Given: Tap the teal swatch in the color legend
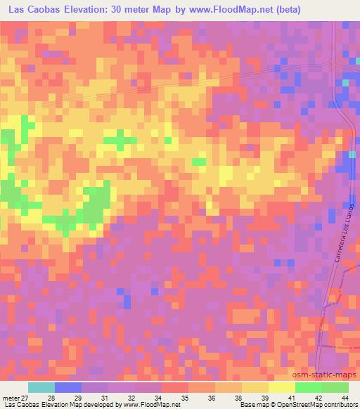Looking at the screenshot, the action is point(41,387).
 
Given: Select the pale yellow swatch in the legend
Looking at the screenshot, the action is point(282,387).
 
